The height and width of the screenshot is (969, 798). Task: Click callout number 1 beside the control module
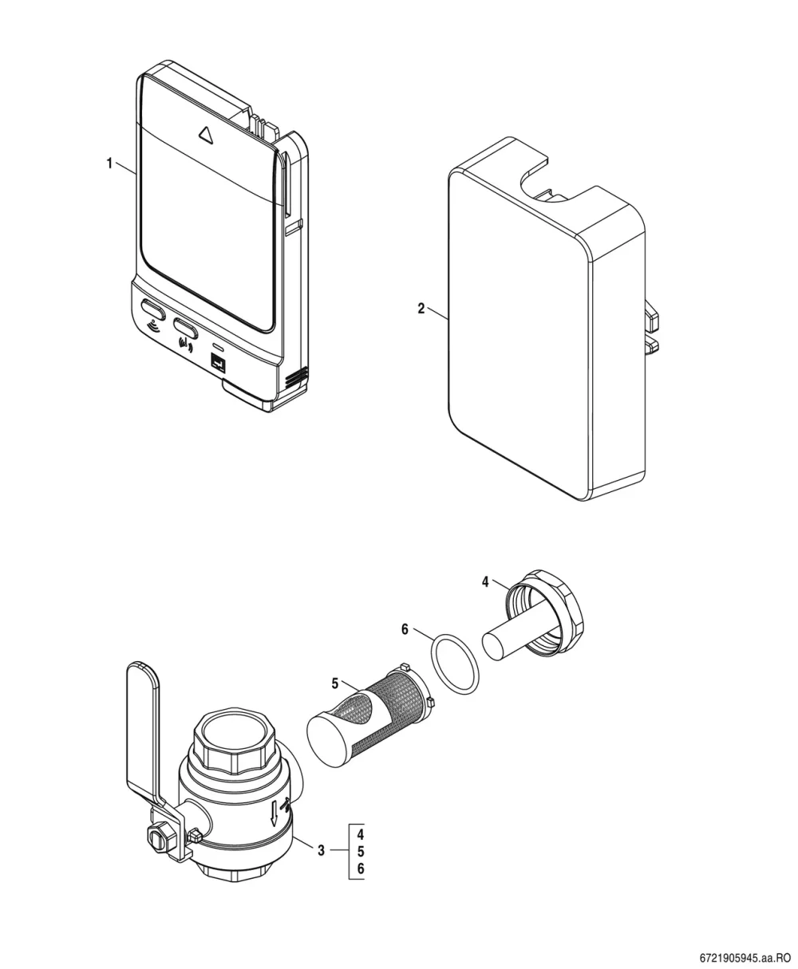[x=109, y=163]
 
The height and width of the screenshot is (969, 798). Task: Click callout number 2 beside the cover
[x=421, y=309]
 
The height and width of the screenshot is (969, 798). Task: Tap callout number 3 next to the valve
[x=322, y=850]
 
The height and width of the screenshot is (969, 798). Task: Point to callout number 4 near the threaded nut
[x=485, y=581]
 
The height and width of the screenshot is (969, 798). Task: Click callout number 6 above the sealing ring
[x=405, y=629]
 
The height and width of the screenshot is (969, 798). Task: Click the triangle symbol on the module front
[x=205, y=135]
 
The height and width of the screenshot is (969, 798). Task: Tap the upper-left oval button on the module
[x=152, y=309]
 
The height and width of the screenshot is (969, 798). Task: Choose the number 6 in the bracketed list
[x=361, y=869]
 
